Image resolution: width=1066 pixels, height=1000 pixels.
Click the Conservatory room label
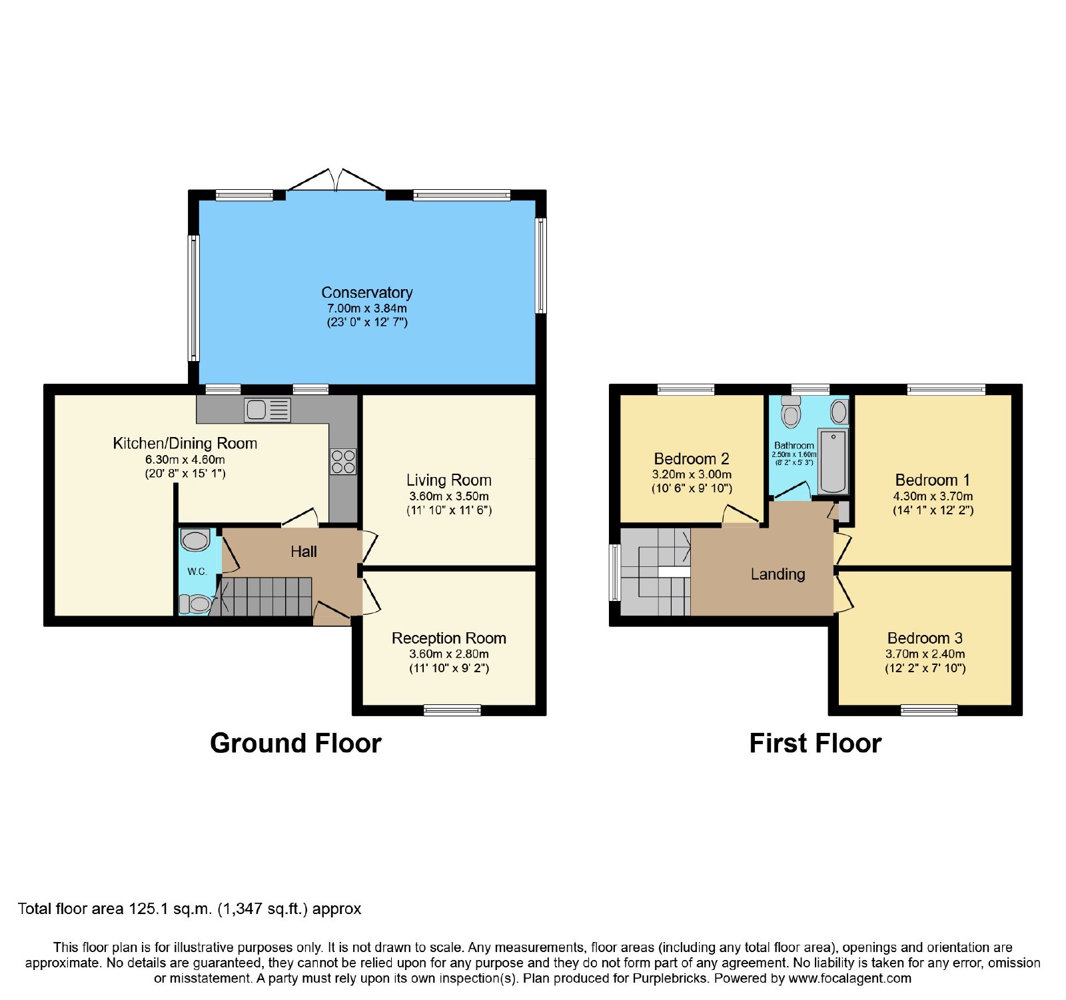click(x=366, y=292)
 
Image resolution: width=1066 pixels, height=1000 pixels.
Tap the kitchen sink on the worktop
click(x=268, y=410)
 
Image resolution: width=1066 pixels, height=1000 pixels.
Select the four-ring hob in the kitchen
click(x=343, y=461)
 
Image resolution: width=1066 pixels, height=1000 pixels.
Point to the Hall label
click(x=304, y=552)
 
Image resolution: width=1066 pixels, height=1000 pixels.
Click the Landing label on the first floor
click(x=778, y=574)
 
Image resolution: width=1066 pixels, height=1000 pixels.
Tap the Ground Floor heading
click(x=296, y=743)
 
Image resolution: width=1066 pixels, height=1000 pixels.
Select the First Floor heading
click(x=815, y=743)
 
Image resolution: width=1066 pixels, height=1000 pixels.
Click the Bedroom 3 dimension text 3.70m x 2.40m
click(x=925, y=654)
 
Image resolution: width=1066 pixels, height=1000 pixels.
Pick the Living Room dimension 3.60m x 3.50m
click(x=449, y=496)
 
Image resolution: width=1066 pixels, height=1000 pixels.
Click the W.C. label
click(x=197, y=572)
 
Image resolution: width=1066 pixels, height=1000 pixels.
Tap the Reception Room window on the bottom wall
click(x=452, y=710)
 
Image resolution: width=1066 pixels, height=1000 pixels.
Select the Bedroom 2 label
click(x=692, y=458)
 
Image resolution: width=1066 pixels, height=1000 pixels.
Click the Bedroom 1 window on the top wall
click(x=946, y=390)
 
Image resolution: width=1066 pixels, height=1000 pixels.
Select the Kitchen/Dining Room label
click(x=185, y=444)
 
